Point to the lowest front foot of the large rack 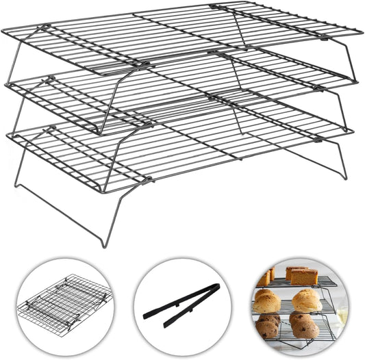(103, 244)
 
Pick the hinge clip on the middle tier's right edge (318, 88)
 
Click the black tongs (181, 305)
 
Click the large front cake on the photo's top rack (303, 276)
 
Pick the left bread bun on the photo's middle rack (268, 301)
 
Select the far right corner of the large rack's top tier (360, 30)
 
